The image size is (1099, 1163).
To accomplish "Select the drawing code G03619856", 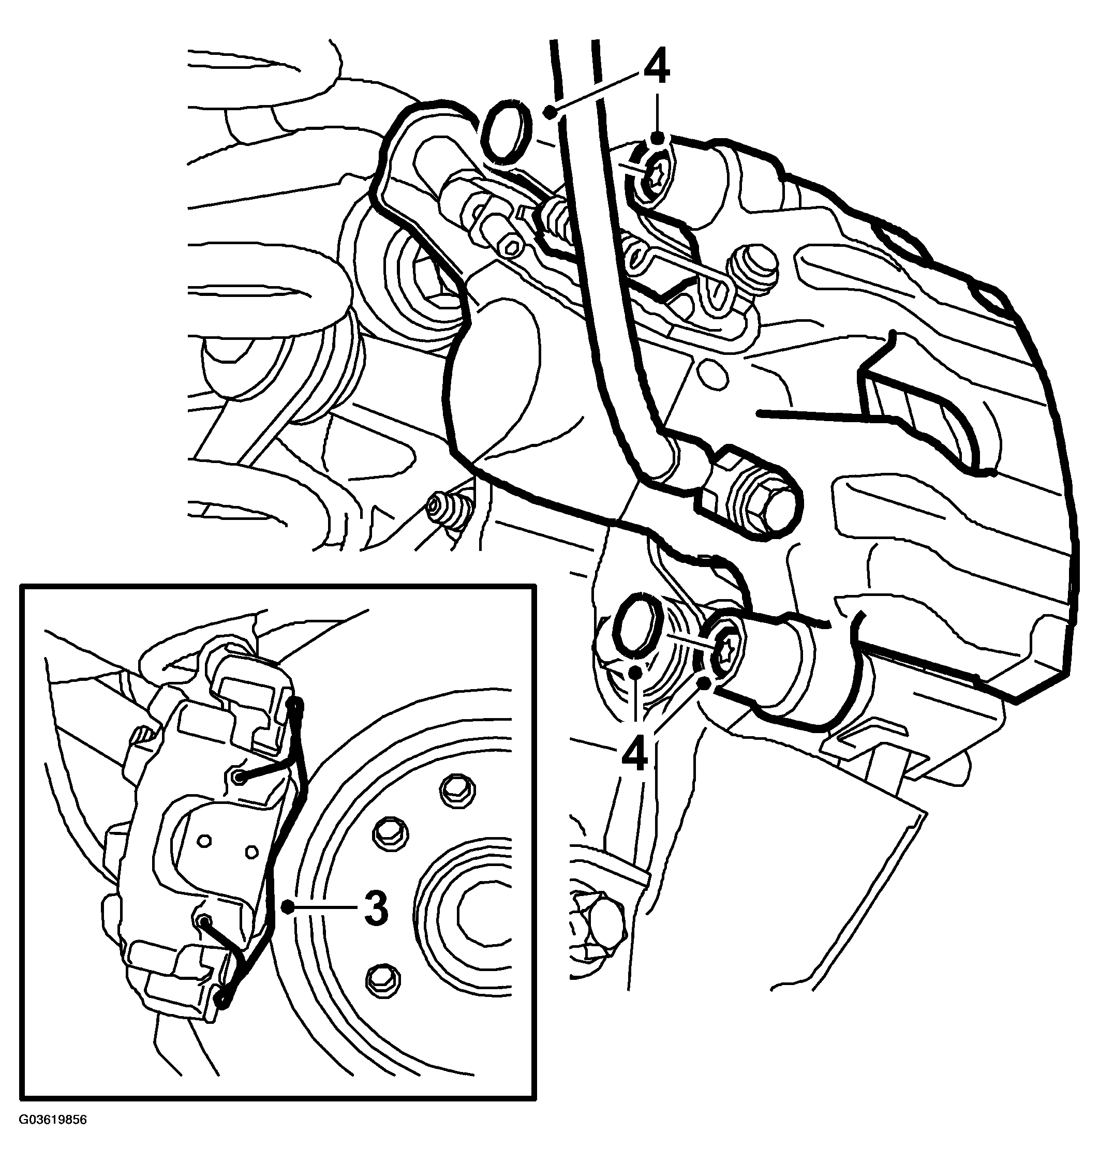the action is click(x=53, y=1136).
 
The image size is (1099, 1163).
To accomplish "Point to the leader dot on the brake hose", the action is click(x=549, y=112).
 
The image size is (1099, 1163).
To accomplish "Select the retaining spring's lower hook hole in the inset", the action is click(x=204, y=922).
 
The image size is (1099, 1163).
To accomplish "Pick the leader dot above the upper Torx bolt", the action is click(x=657, y=138).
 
